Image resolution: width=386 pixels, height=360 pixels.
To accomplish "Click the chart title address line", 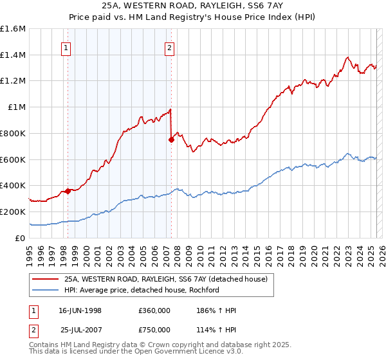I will tap(193, 6).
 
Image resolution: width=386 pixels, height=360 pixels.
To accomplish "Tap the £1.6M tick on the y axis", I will tap(13, 29).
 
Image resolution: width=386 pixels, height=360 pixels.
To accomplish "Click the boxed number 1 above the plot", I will tap(67, 47).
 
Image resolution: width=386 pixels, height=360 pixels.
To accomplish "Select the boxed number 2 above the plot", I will tap(169, 47).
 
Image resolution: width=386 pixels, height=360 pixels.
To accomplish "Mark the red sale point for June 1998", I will tap(68, 191).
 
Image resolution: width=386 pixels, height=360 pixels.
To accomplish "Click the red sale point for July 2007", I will tap(171, 139).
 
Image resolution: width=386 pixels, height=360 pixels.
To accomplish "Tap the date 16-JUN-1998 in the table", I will tap(80, 310).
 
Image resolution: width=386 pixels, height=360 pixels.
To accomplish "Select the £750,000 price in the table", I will tap(154, 330).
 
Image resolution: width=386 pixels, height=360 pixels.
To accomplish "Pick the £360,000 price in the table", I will tap(154, 310).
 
